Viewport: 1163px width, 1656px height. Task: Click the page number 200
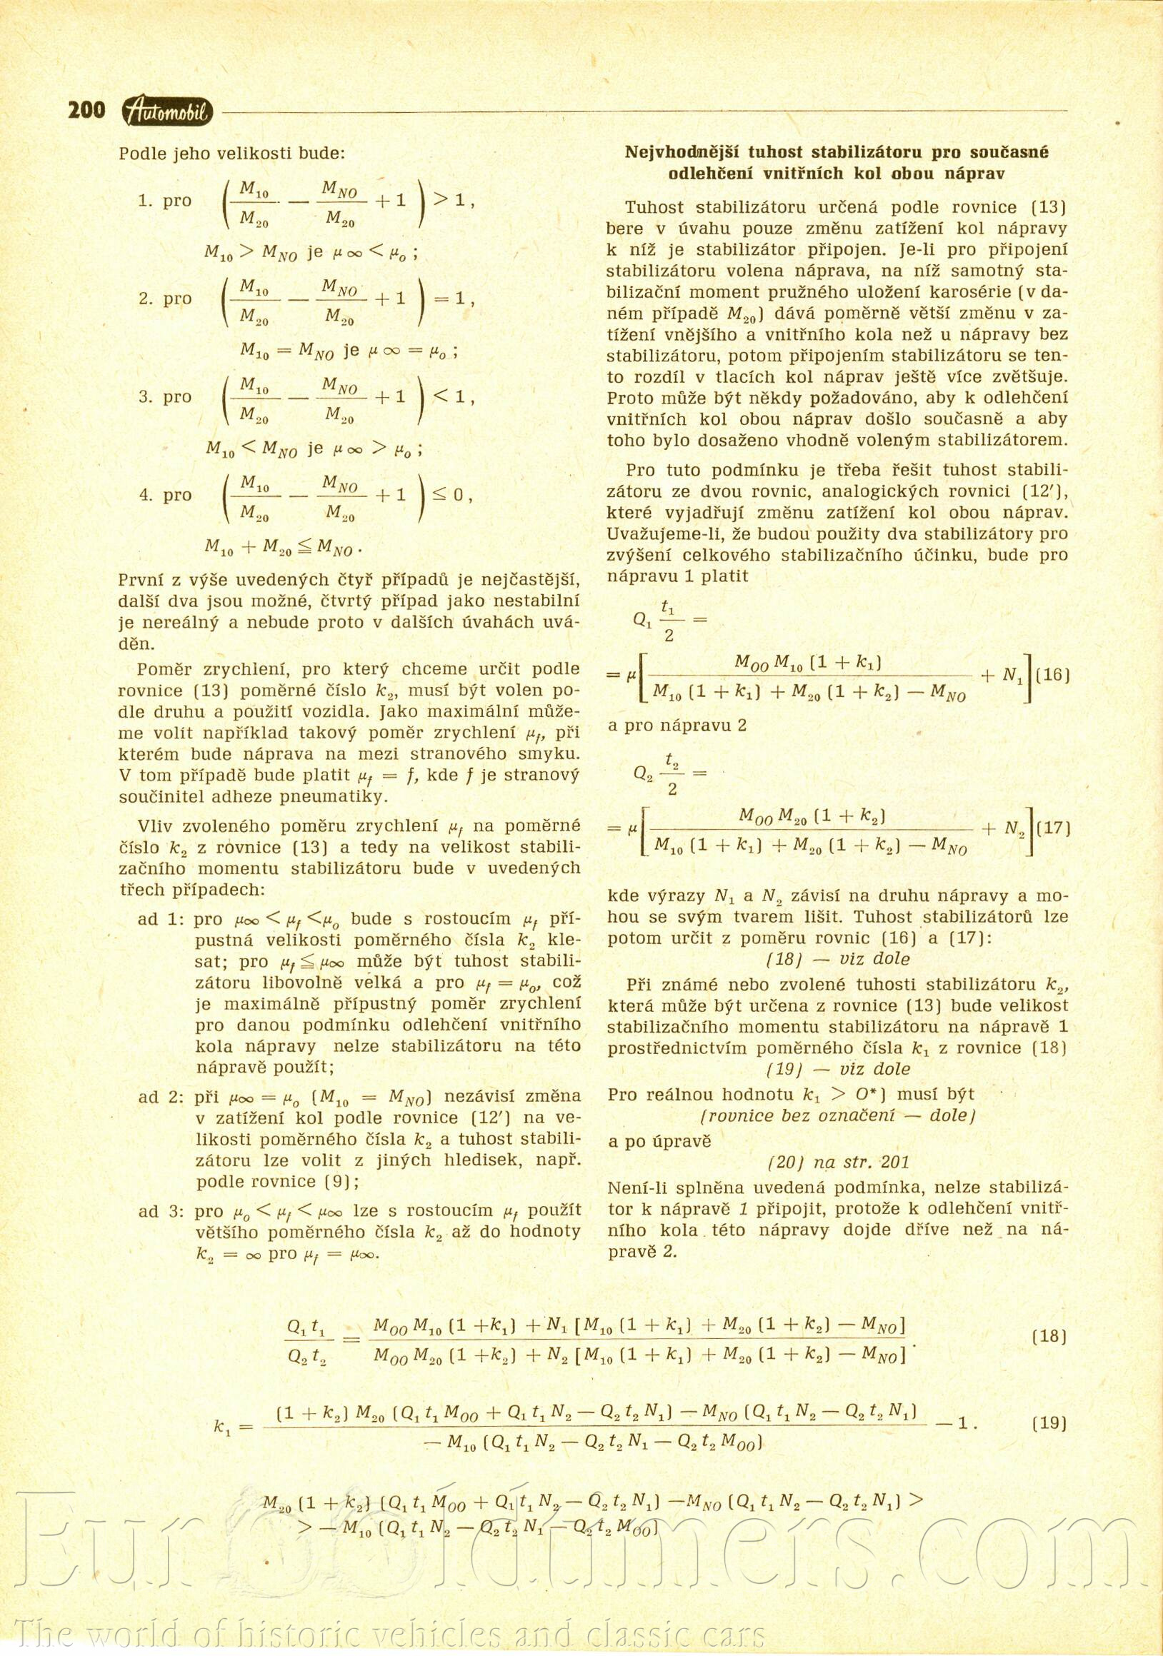click(86, 111)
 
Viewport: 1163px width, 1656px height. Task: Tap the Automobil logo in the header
click(167, 111)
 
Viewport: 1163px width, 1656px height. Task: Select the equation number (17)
click(1052, 828)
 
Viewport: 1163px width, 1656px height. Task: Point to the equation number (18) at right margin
click(1049, 1337)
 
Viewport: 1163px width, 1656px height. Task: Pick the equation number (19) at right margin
click(1049, 1423)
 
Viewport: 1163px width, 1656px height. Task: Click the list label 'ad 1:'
click(161, 920)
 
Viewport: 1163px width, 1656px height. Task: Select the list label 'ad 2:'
click(161, 1097)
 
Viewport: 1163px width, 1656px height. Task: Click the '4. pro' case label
click(165, 496)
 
